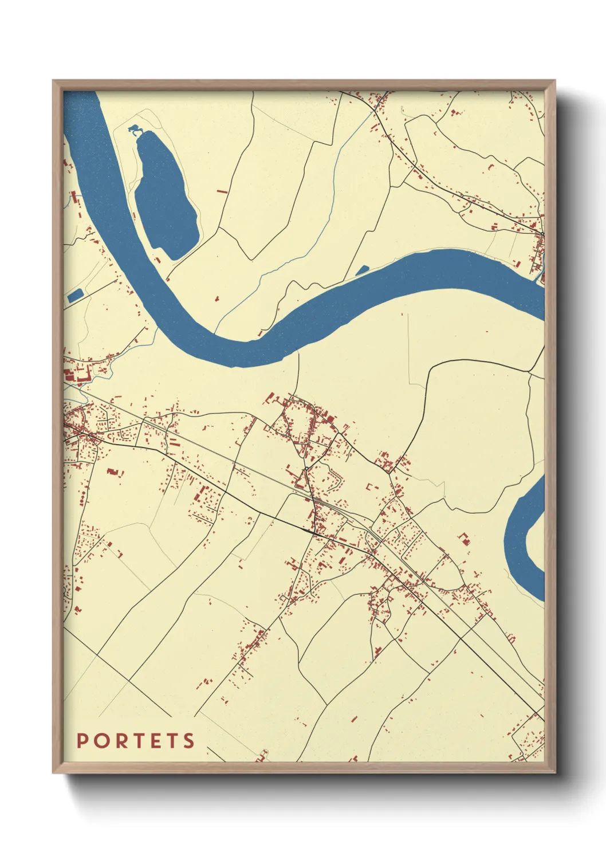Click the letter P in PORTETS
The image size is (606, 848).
pos(82,741)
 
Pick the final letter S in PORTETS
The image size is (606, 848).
pos(189,741)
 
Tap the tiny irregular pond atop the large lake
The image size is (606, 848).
pos(135,129)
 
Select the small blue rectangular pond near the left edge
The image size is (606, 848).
pos(75,296)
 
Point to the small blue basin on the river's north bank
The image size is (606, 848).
pos(362,270)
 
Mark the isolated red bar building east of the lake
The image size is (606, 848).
pos(222,191)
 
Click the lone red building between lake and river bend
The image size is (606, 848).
pos(217,298)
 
